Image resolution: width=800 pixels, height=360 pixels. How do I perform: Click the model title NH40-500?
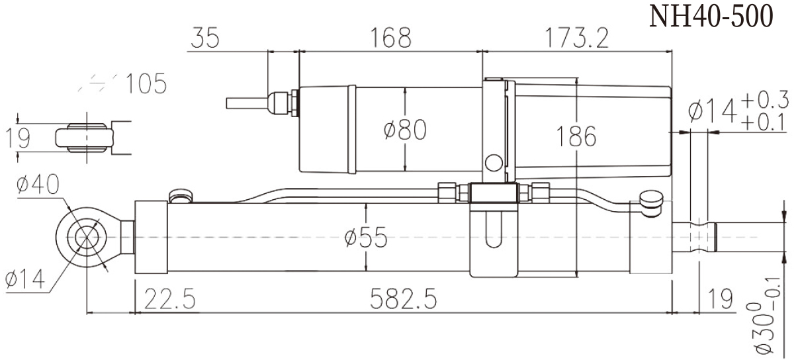pos(711,17)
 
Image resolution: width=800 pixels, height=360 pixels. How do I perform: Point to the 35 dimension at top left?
pos(205,38)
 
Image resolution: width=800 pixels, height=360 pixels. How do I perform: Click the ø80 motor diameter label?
pos(404,130)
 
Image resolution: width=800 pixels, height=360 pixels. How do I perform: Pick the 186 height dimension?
pos(575,137)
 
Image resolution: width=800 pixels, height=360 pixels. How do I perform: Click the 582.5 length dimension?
pos(403,300)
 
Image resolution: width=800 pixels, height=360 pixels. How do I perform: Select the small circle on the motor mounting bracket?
pos(493,162)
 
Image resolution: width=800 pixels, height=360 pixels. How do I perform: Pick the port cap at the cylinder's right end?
pos(652,199)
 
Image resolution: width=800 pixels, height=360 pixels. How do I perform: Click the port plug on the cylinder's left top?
pos(180,196)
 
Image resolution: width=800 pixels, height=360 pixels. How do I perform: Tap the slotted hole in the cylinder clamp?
pos(493,228)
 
